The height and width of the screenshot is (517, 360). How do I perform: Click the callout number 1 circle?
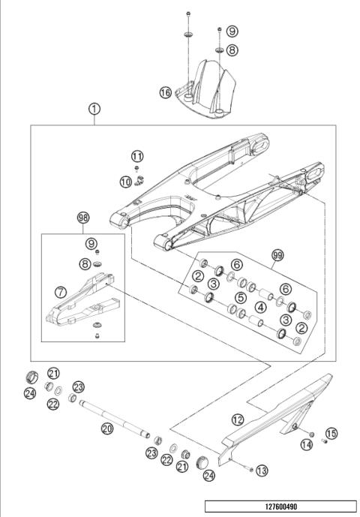[94, 109]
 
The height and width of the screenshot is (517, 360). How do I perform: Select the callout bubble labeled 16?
[166, 92]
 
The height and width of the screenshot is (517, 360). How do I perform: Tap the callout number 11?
[136, 155]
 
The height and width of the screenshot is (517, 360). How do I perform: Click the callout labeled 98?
[82, 218]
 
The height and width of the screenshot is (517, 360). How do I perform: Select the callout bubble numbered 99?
[277, 255]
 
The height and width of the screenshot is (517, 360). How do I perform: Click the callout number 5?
[240, 298]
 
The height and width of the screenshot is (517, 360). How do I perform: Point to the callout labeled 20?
[106, 428]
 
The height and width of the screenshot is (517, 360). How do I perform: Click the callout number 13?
[261, 470]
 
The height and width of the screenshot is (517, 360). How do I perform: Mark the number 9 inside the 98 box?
[91, 244]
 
